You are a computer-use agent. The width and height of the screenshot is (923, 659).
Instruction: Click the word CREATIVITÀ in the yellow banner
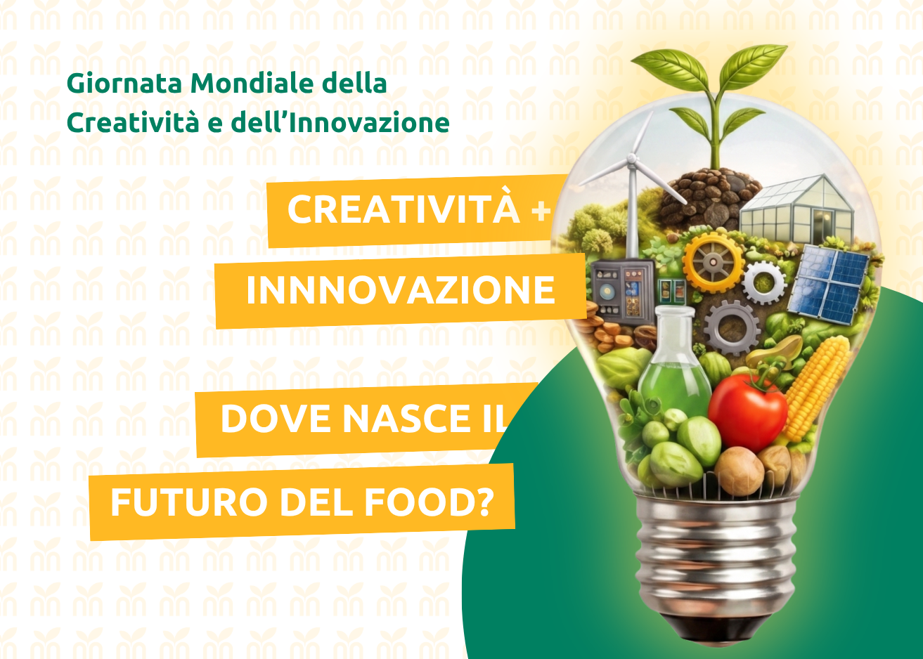point(403,209)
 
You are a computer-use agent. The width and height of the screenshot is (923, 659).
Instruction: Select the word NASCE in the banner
point(401,419)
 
